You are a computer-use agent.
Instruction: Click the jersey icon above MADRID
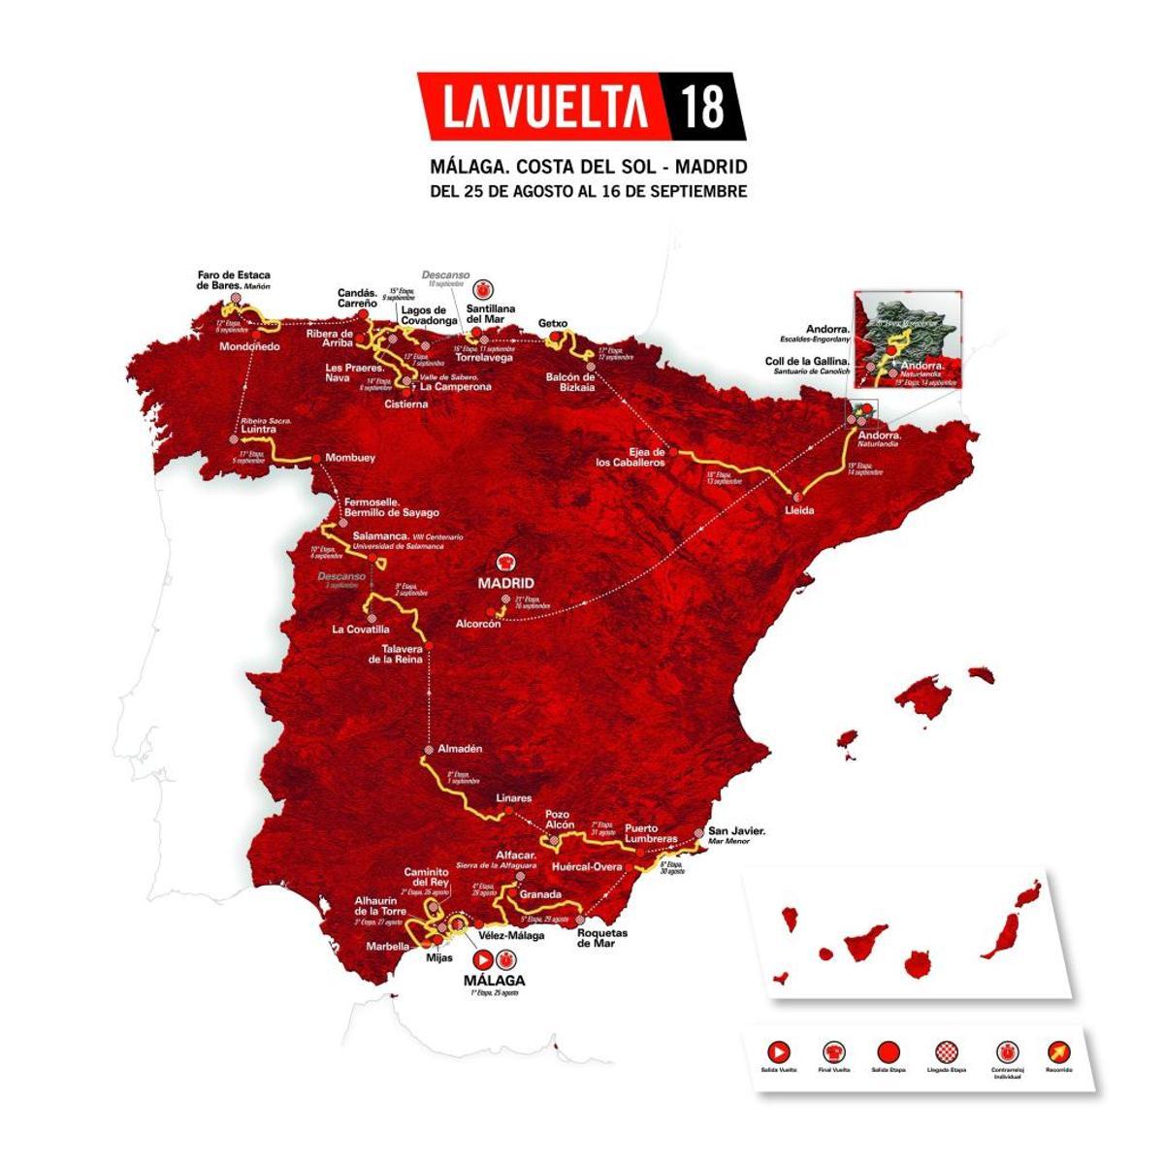tap(505, 562)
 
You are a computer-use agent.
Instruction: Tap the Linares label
tap(514, 798)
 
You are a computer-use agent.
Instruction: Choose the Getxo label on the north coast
tap(552, 324)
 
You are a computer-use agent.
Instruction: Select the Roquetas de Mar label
tap(602, 939)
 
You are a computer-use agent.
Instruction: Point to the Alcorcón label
tap(478, 625)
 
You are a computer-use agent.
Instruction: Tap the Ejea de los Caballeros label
tap(630, 458)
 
